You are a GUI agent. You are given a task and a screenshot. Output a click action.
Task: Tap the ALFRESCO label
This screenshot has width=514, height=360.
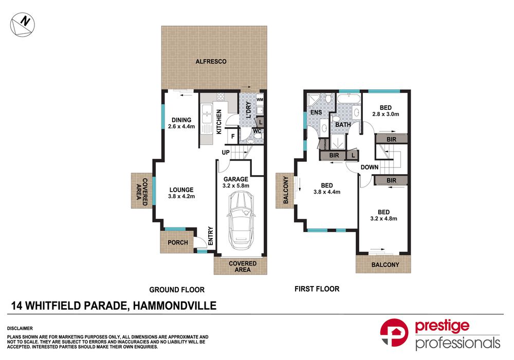click(x=211, y=62)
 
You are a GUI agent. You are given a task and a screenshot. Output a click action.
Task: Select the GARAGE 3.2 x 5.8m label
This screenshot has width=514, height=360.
click(x=235, y=182)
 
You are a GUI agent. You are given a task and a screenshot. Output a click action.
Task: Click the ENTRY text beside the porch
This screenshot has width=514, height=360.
click(x=210, y=237)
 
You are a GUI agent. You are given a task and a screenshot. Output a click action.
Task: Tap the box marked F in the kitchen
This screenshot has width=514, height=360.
click(x=233, y=136)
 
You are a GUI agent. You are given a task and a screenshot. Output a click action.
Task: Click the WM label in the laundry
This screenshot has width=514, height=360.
click(x=260, y=99)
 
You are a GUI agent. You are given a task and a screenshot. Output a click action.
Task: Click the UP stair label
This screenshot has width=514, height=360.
click(x=225, y=153)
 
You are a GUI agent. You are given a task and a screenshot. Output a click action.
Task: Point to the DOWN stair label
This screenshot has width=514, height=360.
click(x=369, y=167)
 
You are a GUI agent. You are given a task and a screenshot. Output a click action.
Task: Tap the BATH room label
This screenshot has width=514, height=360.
click(x=343, y=125)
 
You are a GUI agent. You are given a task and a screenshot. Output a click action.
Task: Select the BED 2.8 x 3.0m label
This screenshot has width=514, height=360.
click(x=385, y=110)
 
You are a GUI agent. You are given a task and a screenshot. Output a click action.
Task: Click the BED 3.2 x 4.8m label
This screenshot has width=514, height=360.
click(x=383, y=215)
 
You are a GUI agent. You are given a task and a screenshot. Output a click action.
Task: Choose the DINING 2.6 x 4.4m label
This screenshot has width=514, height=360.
click(x=181, y=123)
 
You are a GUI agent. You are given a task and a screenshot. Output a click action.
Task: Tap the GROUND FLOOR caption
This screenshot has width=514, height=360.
click(x=177, y=290)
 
